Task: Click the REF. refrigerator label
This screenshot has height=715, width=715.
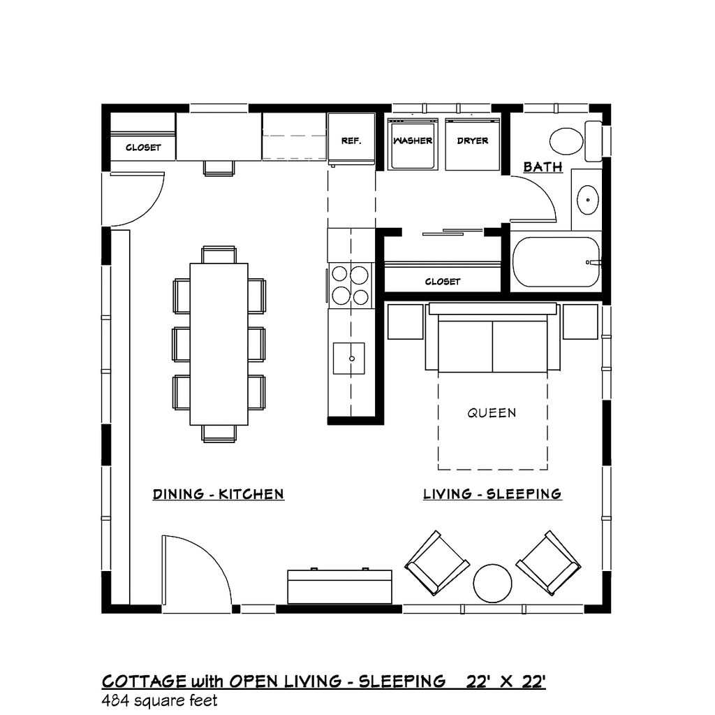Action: (x=351, y=140)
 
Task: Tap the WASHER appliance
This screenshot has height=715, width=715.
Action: (x=413, y=144)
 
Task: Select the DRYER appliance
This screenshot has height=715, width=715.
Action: (x=473, y=144)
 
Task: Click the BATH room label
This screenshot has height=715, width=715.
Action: (x=543, y=166)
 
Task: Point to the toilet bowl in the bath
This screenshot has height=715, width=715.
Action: (x=566, y=141)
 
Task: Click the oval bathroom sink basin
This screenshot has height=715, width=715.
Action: (x=588, y=199)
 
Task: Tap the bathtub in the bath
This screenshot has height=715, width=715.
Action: (x=556, y=262)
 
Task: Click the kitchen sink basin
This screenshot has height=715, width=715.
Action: (x=349, y=359)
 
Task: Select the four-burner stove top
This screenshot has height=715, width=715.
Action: (x=351, y=285)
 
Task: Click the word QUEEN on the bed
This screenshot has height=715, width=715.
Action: (x=492, y=413)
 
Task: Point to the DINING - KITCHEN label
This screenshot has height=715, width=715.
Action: (x=219, y=494)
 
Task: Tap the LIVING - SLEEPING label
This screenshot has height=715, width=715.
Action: (x=492, y=493)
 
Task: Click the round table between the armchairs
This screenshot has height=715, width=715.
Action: (x=492, y=584)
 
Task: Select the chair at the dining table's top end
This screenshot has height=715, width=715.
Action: (x=219, y=255)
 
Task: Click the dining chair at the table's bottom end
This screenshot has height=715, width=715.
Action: (x=219, y=433)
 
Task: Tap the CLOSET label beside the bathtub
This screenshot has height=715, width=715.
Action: (x=442, y=282)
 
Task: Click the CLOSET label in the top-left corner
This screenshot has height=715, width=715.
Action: (x=143, y=147)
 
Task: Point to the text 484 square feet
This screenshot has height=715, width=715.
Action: (x=160, y=700)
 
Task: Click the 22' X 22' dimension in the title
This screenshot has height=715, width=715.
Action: (x=506, y=681)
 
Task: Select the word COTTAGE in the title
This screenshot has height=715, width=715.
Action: (x=144, y=681)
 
